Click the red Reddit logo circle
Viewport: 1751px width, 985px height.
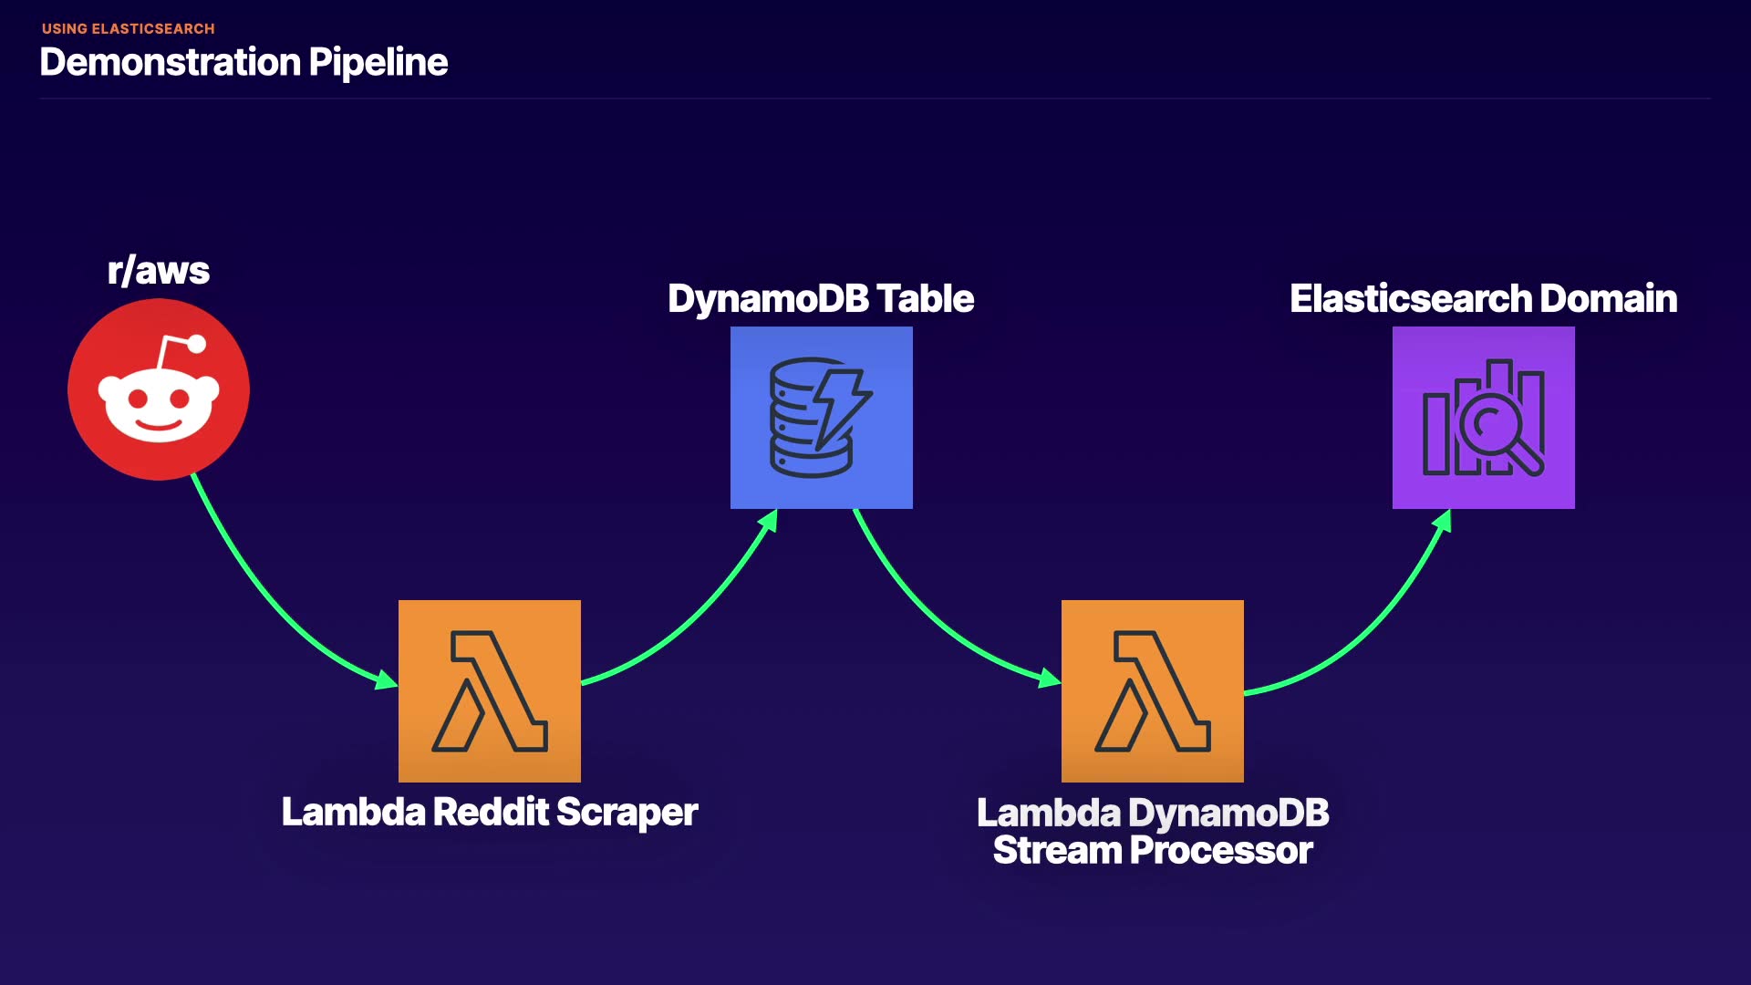(158, 389)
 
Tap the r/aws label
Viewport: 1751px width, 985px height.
(159, 271)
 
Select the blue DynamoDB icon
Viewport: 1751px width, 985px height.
(821, 417)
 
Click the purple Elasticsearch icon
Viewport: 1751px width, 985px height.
(1483, 417)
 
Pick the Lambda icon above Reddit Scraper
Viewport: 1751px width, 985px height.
(489, 690)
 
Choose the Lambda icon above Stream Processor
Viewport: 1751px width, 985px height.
(1152, 690)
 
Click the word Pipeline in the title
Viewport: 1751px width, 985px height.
(378, 62)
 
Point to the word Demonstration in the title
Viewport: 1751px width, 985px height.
(171, 62)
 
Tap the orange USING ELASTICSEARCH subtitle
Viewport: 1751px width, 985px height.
(129, 28)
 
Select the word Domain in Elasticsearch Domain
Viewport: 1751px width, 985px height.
(1609, 298)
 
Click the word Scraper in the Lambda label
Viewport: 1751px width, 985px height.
(627, 812)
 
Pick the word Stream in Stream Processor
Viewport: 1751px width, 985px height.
(1058, 850)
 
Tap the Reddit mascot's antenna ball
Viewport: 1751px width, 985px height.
(196, 344)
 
